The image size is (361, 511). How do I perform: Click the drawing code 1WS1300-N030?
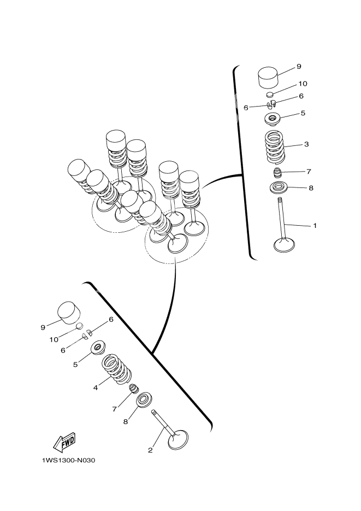[68, 461]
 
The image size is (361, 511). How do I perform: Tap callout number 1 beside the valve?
[315, 225]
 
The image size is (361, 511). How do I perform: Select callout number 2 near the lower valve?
[150, 450]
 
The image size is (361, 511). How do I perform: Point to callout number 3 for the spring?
[306, 144]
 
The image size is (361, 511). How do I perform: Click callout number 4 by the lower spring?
[96, 387]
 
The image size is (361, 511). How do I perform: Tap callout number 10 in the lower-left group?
[54, 339]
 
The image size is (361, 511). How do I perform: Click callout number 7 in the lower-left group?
[115, 409]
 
